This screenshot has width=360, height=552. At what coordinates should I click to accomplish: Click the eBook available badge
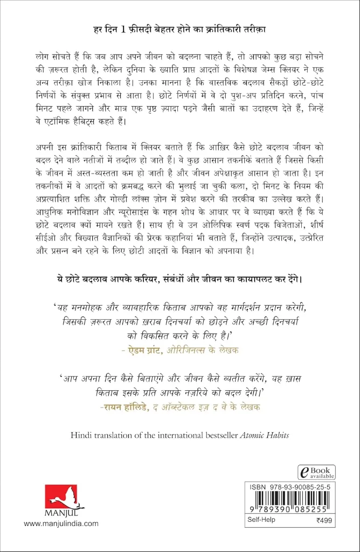(317, 472)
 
